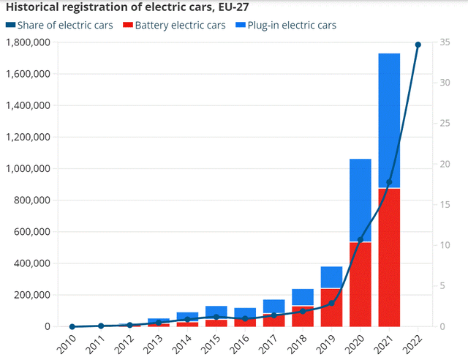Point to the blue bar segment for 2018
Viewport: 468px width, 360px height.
[303, 297]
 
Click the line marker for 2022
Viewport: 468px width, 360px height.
[418, 45]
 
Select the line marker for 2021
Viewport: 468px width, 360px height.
[389, 182]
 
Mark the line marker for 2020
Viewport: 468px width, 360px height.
[361, 240]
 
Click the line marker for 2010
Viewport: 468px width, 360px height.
[72, 326]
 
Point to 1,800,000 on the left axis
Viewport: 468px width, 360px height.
[28, 42]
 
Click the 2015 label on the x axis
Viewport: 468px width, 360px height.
[209, 342]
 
